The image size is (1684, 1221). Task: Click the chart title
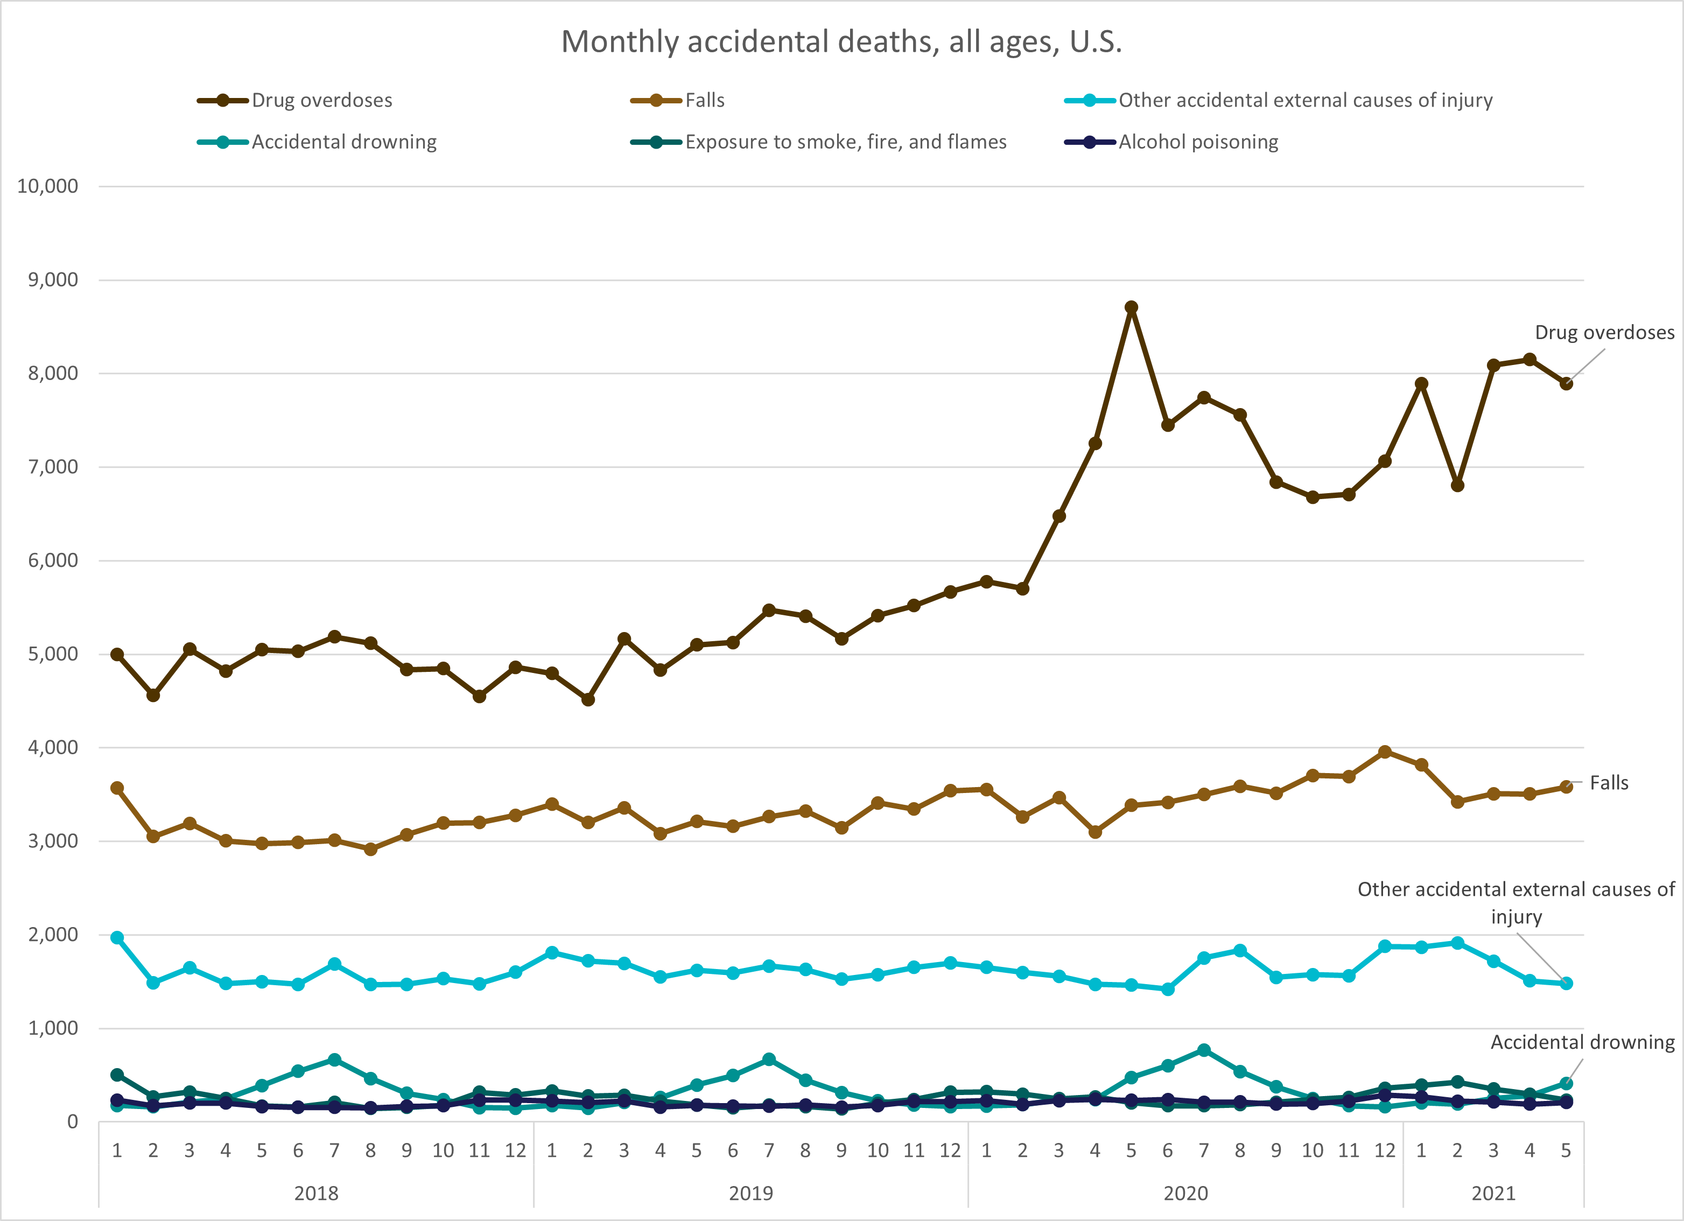[x=841, y=41]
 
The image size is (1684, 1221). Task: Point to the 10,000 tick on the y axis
[x=47, y=186]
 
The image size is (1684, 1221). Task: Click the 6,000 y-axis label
[x=53, y=561]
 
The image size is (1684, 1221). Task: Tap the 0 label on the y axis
[x=72, y=1121]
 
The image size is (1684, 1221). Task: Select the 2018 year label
[x=317, y=1194]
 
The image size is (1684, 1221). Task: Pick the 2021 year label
[x=1493, y=1194]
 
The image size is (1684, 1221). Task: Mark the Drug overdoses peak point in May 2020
[x=1131, y=307]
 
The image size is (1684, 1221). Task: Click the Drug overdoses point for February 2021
[x=1457, y=485]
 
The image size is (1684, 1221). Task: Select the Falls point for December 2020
[x=1385, y=752]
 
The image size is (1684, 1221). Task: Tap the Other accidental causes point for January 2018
[x=117, y=938]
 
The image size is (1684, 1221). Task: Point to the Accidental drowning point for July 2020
[x=1204, y=1050]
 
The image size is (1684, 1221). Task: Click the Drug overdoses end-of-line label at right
[x=1604, y=333]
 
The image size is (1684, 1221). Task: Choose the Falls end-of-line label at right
[x=1608, y=783]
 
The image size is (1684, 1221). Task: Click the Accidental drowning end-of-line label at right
[x=1582, y=1042]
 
